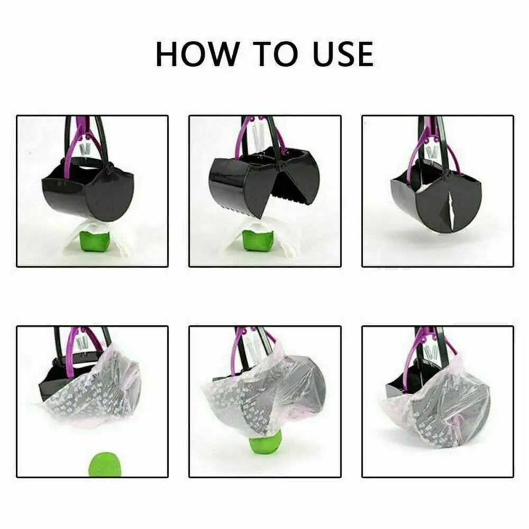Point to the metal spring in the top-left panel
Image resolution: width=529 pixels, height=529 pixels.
(84, 148)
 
